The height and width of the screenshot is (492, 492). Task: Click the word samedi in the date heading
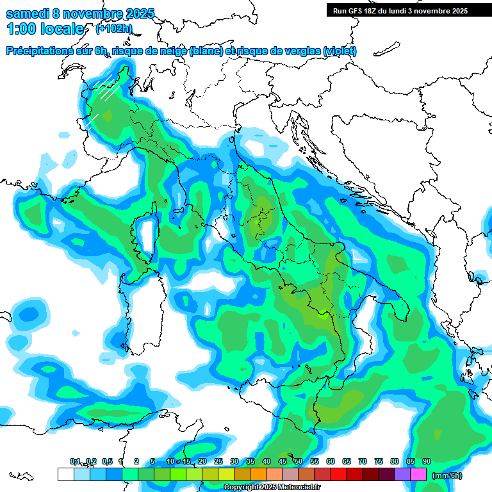tap(29, 13)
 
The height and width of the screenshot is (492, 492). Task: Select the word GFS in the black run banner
tap(356, 11)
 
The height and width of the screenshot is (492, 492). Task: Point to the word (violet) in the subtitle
tap(340, 51)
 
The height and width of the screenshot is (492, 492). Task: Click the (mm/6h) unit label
tap(447, 475)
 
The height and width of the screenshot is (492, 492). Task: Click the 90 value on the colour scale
tap(427, 462)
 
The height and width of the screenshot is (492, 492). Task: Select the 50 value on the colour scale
tap(299, 462)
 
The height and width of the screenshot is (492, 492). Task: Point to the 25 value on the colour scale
tap(218, 462)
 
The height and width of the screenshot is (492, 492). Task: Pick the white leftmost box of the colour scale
tap(65, 474)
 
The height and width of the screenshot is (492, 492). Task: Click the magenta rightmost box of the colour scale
tap(418, 474)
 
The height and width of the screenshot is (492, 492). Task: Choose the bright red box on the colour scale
tap(338, 474)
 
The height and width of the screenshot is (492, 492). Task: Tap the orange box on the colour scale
tap(258, 474)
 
